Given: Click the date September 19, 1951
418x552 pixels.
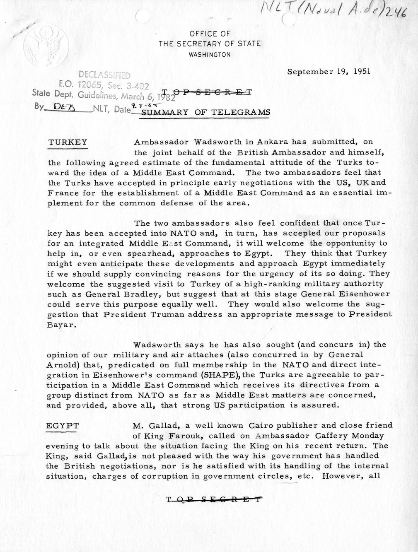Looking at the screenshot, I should (x=329, y=71).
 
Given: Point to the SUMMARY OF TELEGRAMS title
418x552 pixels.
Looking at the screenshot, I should (x=206, y=112).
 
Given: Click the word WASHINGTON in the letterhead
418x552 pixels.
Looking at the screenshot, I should (x=210, y=54).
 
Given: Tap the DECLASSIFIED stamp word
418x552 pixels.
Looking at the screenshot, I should (x=104, y=75).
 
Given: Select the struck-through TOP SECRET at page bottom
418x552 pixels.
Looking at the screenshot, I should (x=214, y=499).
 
